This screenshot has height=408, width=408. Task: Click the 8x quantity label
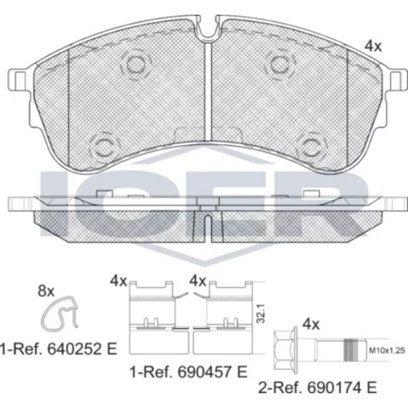pos(46,290)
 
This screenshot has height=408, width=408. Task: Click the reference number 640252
pos(75,349)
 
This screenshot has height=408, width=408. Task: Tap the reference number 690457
pos(205,372)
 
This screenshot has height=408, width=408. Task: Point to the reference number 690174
pos(335,388)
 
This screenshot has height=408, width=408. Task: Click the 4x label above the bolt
pos(311,324)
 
